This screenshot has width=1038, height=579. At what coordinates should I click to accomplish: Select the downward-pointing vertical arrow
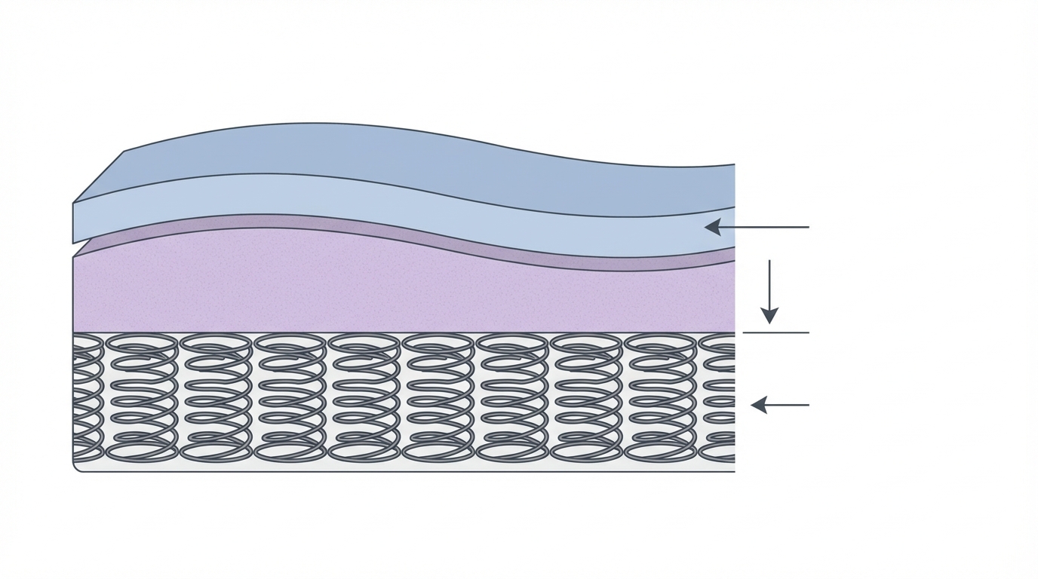pos(769,291)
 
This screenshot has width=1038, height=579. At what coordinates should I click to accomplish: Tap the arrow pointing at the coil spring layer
pos(780,405)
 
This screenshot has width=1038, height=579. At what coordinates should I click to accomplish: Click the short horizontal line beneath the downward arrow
pos(775,332)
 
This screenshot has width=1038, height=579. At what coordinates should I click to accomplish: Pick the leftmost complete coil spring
pos(142,397)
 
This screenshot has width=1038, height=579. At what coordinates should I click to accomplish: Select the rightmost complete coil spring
pos(661,397)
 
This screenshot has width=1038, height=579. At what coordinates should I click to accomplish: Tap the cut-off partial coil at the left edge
pos(86,397)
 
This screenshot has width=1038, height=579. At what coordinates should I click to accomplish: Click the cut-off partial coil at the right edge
pos(718,397)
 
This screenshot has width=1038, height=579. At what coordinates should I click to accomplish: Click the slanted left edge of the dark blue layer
pos(99,176)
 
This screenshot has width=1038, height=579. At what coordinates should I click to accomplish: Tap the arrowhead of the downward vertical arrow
pos(769,315)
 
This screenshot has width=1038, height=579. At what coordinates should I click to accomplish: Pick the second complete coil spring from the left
pos(216,397)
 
